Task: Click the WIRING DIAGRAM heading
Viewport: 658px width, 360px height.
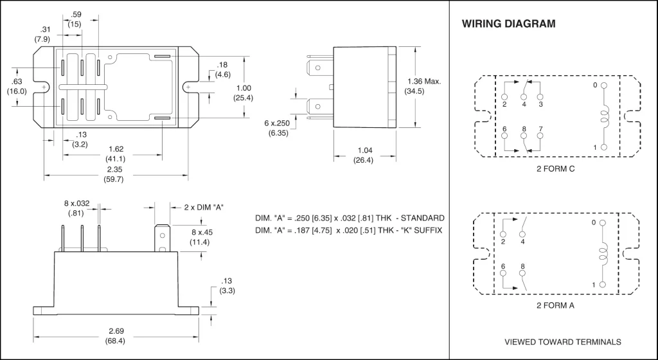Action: point(508,24)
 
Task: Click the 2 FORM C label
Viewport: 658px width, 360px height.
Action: point(555,168)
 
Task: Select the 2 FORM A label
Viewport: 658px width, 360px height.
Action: point(555,305)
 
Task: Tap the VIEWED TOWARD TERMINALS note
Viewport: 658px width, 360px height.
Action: point(562,341)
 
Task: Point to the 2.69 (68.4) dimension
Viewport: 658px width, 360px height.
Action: point(116,335)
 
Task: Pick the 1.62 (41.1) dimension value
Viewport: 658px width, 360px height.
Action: point(116,154)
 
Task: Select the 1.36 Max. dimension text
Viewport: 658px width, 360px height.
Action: point(424,82)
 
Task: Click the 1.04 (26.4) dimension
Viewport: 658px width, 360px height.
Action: point(363,156)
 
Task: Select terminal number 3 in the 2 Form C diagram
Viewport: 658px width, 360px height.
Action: point(540,104)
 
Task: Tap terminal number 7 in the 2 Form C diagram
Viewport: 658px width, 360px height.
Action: point(540,129)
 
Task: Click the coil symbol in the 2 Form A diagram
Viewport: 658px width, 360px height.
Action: point(603,253)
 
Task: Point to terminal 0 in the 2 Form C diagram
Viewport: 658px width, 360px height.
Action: point(595,85)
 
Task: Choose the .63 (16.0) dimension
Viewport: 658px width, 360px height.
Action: point(17,86)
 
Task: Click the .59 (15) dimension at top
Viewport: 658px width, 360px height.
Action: point(75,19)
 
